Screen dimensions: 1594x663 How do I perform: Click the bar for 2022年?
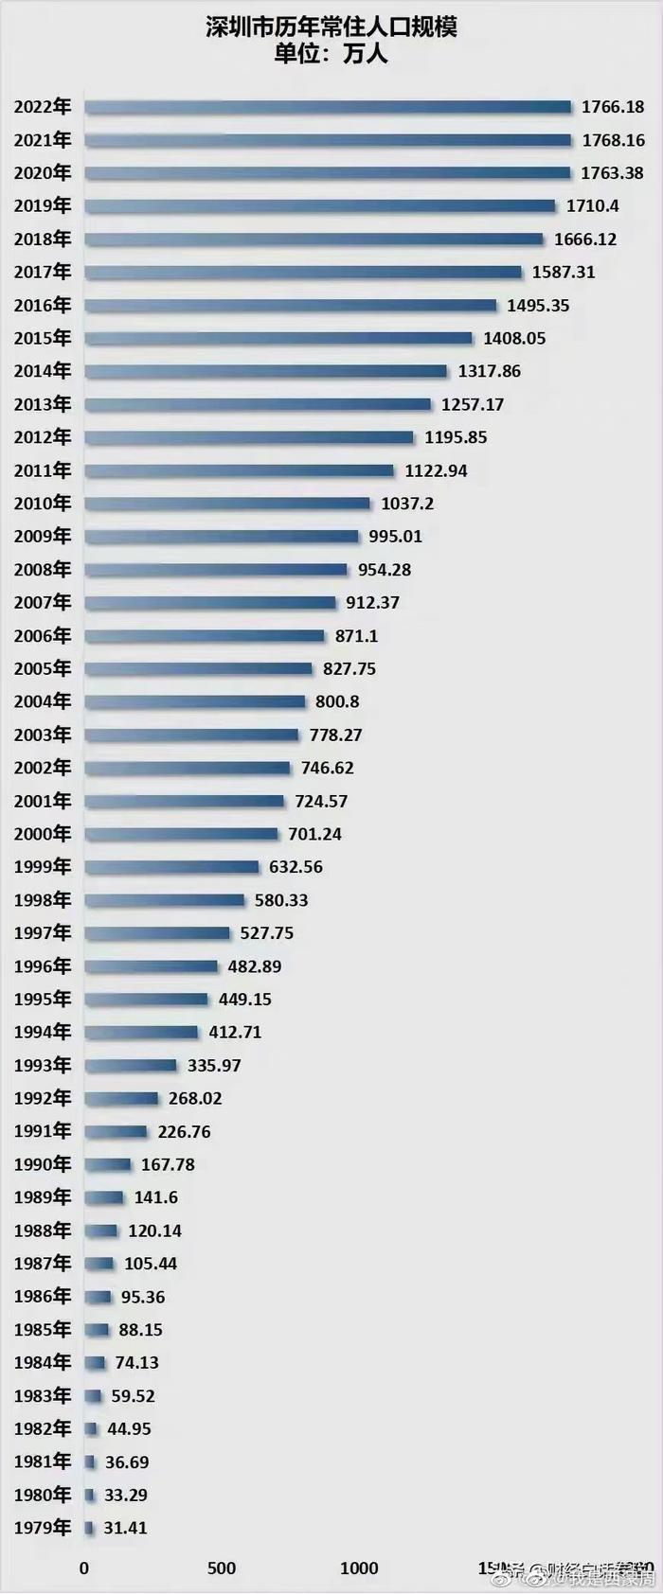coord(328,107)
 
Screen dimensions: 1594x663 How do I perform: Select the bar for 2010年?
coord(227,504)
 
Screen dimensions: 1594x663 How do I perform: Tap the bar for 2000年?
coord(182,834)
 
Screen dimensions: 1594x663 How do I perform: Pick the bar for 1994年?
coord(141,1033)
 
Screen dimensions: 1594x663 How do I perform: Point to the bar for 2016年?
coord(291,306)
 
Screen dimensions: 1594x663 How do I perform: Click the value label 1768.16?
coord(613,140)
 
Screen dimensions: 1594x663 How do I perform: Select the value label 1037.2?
coord(407,504)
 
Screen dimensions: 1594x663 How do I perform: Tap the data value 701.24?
coord(314,834)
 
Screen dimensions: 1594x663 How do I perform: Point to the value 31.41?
coord(125,1528)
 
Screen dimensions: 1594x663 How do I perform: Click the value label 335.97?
coord(214,1066)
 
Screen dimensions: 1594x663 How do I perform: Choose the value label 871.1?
coord(356,636)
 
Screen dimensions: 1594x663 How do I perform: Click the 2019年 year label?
coord(43,205)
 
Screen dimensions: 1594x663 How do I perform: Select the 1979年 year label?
coord(43,1528)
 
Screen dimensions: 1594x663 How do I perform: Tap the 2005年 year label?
coord(43,668)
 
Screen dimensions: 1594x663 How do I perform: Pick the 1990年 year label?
coord(43,1164)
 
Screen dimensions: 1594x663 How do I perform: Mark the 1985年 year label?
coord(43,1330)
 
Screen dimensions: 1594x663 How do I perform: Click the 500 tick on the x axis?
coord(222,1568)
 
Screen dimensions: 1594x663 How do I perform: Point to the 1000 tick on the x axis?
coord(359,1568)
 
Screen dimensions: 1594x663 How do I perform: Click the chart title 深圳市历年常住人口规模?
coord(331,27)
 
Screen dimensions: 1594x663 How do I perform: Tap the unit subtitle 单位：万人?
coord(331,54)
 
